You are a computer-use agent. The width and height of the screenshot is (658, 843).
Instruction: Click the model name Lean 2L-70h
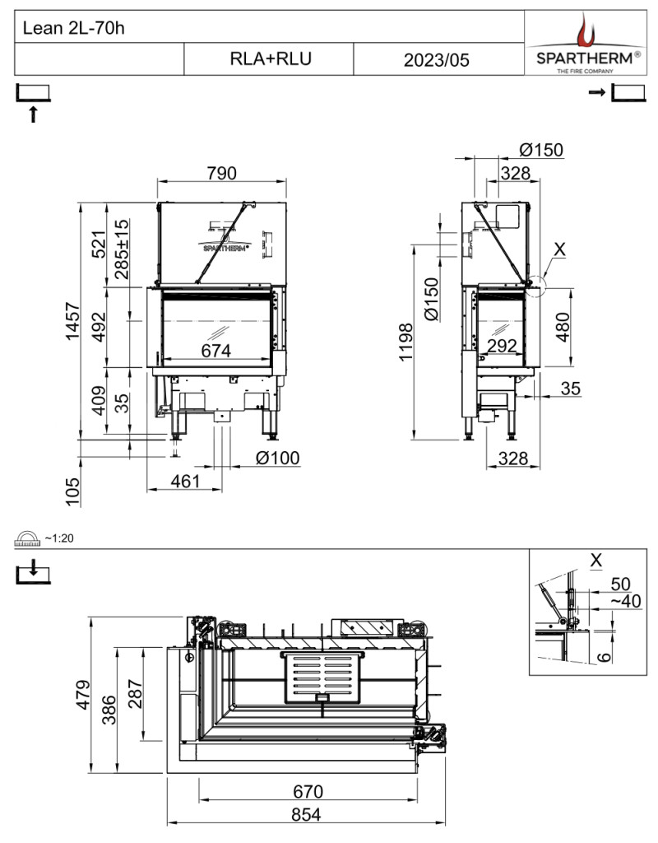coord(73,27)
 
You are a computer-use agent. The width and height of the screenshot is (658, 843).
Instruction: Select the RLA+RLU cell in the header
coord(270,58)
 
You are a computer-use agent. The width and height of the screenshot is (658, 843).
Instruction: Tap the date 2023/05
coord(436,59)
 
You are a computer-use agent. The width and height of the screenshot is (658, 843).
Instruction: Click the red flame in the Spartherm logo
coord(583,30)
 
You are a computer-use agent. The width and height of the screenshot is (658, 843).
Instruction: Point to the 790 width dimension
coord(221,173)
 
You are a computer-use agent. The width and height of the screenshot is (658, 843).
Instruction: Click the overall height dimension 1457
coord(72,321)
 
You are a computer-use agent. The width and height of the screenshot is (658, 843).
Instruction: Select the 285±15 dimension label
coord(122,249)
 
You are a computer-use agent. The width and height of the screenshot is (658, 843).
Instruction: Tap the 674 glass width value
coord(216,351)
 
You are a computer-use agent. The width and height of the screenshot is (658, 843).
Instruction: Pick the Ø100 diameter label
coord(277,458)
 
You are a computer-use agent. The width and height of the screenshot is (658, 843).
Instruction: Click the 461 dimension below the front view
coord(185,481)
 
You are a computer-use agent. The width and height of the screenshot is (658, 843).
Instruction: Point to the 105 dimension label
coord(72,492)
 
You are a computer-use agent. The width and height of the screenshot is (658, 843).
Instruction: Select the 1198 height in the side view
coord(405,342)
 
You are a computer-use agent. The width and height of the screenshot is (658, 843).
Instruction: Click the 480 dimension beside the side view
coord(563,327)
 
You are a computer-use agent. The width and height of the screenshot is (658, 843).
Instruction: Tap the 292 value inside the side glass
coord(502,346)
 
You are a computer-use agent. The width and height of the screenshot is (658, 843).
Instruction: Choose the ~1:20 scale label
coord(59,538)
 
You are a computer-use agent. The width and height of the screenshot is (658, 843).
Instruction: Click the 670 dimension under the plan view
coord(308,791)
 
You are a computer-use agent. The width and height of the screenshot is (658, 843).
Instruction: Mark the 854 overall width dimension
coord(306,814)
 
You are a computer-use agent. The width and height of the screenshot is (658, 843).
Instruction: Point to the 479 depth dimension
coord(83,695)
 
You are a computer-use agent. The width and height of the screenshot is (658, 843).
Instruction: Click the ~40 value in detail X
coord(626,601)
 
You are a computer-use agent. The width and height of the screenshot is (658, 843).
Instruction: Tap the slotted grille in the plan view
coord(322,678)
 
